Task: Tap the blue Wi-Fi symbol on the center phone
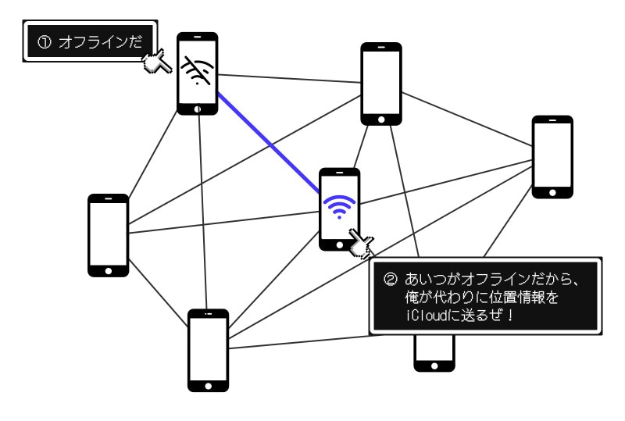pos(339,207)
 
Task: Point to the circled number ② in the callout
pos(391,279)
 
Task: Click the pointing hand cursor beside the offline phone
pos(156,61)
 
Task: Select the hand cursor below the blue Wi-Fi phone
pos(361,244)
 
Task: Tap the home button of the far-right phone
pos(552,191)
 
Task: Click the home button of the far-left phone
pos(108,270)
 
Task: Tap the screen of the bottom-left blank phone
pos(208,347)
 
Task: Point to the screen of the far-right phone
pos(552,153)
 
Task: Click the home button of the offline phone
pos(197,109)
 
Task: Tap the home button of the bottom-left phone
pos(208,384)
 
